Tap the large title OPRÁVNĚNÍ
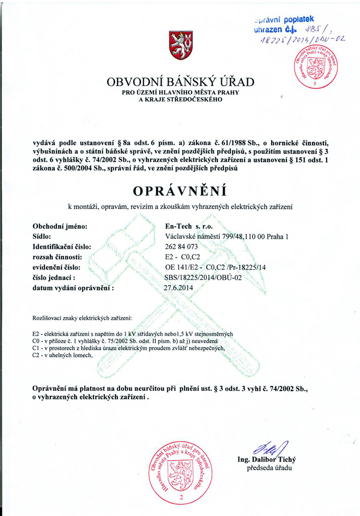pos(179,191)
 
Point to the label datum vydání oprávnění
pos(73,288)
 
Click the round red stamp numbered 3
pos(316,67)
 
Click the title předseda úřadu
pos(269,468)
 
